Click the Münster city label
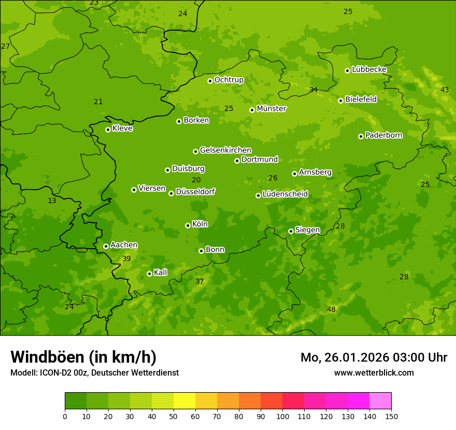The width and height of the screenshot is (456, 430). [x=271, y=109]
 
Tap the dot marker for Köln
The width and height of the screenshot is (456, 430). [x=188, y=225]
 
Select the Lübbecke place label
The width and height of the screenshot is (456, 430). [x=369, y=69]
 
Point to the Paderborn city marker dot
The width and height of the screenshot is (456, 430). [x=361, y=136]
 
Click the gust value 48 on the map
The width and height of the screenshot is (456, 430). [x=331, y=309]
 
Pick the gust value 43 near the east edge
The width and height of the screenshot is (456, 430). [x=445, y=90]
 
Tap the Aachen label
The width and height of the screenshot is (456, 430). [x=124, y=245]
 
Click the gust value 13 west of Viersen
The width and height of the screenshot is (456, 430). [x=52, y=200]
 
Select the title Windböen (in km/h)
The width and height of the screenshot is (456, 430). [x=83, y=357]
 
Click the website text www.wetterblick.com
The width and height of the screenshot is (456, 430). [x=374, y=372]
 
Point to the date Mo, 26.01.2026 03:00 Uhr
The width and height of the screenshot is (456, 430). [x=374, y=357]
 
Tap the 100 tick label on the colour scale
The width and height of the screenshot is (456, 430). [x=282, y=416]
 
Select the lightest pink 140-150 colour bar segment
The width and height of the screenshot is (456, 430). [x=380, y=401]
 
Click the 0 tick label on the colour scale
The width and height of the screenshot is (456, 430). [x=65, y=416]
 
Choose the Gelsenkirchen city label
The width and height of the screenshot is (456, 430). [x=225, y=150]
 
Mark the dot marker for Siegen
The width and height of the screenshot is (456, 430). [x=291, y=231]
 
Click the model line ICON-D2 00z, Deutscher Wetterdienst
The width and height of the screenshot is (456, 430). [x=94, y=372]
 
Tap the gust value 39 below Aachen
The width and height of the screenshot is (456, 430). [x=126, y=259]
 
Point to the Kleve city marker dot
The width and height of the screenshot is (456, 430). [x=108, y=130]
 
